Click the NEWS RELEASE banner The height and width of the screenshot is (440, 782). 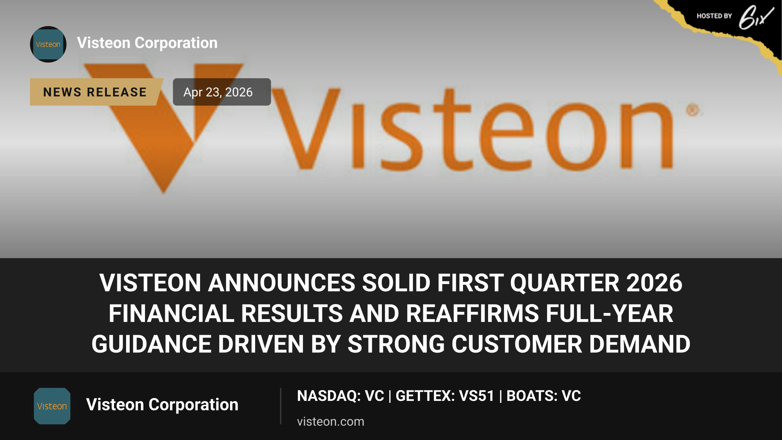[96, 92]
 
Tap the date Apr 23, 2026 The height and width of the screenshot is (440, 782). [218, 92]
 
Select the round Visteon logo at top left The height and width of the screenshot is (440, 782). [48, 44]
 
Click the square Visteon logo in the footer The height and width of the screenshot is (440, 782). [52, 406]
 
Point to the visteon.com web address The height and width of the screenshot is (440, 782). [330, 421]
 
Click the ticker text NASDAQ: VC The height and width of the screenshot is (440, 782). [340, 396]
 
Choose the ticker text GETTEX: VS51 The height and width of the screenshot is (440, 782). [445, 396]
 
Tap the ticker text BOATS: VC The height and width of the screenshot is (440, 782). [543, 396]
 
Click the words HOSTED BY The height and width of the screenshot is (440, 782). [714, 16]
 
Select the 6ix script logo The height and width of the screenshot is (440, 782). [756, 18]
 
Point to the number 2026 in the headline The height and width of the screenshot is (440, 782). [654, 283]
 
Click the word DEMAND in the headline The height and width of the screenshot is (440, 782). [640, 344]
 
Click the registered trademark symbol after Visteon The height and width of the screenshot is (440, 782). [693, 110]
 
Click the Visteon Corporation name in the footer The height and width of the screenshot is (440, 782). [162, 404]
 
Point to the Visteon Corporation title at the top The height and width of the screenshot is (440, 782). [147, 43]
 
